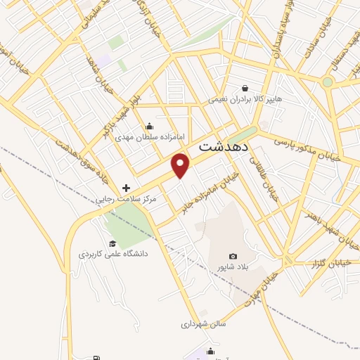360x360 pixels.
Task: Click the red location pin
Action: tap(181, 165)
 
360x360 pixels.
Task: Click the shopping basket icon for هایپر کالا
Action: tap(244, 88)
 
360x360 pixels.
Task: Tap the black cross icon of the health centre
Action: tap(126, 188)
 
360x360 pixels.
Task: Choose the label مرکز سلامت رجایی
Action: tap(127, 200)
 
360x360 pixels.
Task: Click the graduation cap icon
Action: tap(112, 243)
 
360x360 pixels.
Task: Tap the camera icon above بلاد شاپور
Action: tap(233, 257)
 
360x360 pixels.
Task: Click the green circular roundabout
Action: tap(328, 82)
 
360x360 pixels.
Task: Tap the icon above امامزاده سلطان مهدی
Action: tap(149, 126)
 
